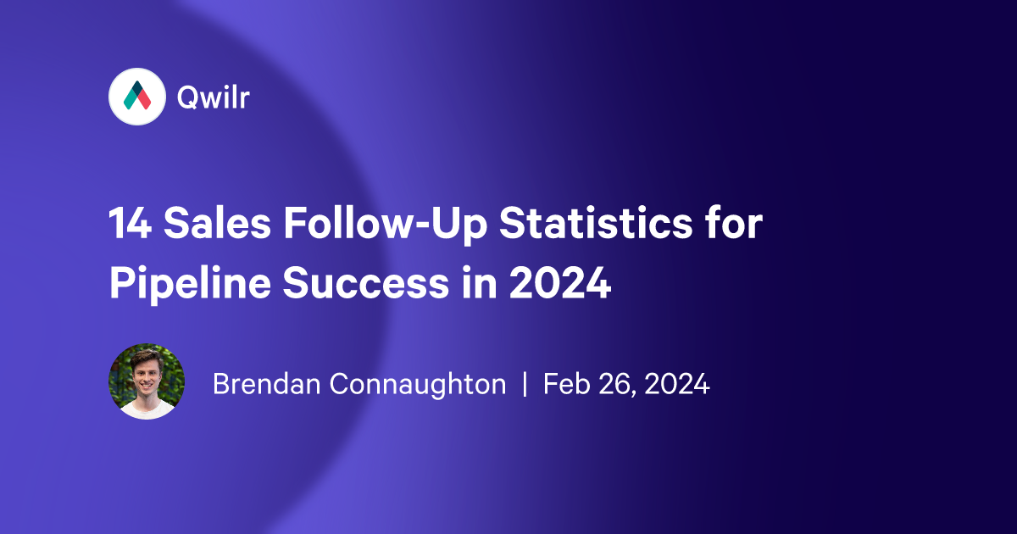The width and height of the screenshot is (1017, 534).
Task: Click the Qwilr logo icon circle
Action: tap(136, 97)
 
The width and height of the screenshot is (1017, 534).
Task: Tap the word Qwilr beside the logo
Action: tap(213, 97)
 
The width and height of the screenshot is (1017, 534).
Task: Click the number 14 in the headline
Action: tap(129, 226)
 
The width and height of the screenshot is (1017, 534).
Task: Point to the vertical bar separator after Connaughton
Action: tap(525, 385)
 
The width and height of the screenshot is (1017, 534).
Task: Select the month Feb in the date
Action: tap(564, 385)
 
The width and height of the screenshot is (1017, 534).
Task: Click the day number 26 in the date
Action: tap(615, 385)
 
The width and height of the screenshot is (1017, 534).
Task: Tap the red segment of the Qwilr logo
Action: tap(142, 100)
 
